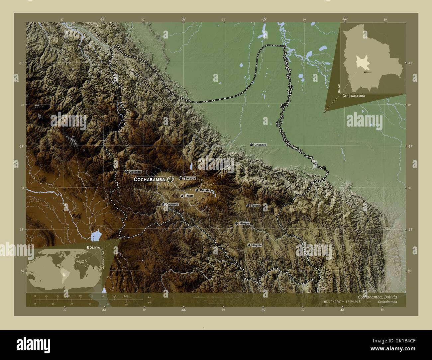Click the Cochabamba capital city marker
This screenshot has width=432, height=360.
pos(170,179)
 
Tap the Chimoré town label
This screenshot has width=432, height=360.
pos(260,145)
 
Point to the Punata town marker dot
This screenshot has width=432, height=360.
pos(197,190)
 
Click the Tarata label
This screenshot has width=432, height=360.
pos(189,196)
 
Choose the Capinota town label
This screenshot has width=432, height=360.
pos(172,205)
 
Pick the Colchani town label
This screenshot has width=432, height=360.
pos(136,172)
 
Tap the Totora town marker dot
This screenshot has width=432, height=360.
pos(248,206)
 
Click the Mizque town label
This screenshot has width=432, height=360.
pos(244,224)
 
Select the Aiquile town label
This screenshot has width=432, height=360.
pos(257,245)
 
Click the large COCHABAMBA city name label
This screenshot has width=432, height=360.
pos(149,179)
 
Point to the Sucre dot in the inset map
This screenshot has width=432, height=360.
pos(365,72)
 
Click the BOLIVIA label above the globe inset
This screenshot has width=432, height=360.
pos(93,247)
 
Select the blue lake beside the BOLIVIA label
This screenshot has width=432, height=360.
pos(96,236)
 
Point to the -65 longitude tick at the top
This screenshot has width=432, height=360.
pos(264,20)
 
